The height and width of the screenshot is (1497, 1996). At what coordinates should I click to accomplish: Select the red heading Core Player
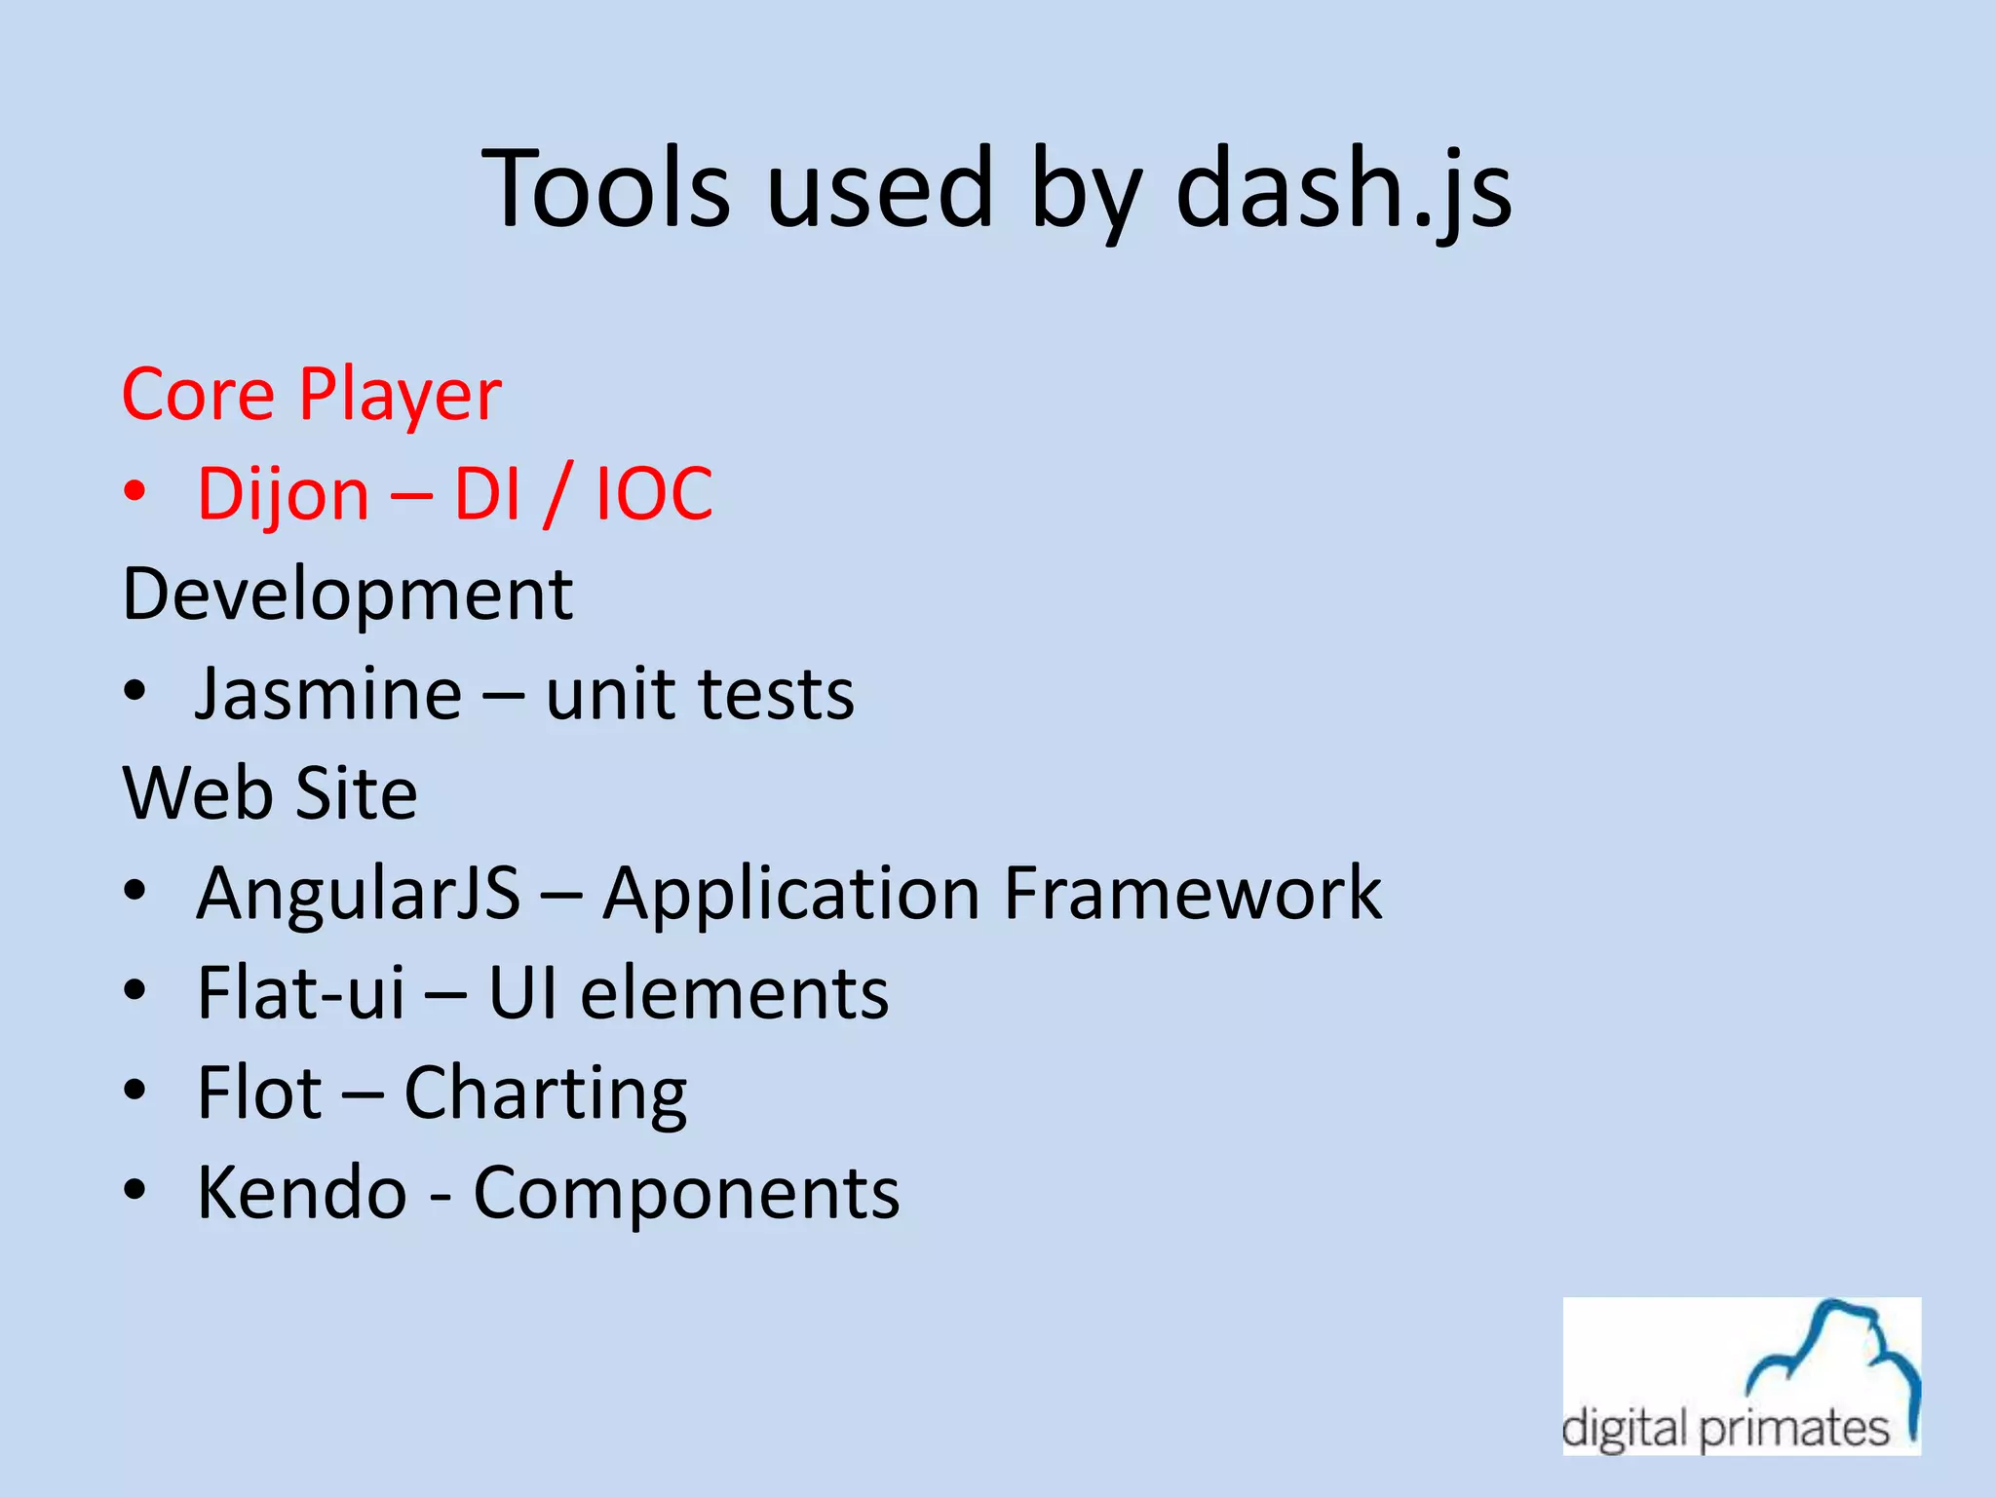click(x=311, y=395)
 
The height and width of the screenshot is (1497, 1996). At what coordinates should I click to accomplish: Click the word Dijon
click(x=283, y=495)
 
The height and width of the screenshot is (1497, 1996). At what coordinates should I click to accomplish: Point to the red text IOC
click(x=654, y=495)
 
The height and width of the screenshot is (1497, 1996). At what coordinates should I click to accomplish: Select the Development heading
click(x=347, y=595)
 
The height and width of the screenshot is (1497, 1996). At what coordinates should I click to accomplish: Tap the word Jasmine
click(x=328, y=694)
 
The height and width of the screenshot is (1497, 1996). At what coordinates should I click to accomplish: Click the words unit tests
click(x=699, y=694)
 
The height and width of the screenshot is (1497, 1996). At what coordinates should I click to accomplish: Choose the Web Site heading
click(x=270, y=793)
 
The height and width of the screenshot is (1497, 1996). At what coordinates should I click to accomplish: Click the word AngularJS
click(x=358, y=893)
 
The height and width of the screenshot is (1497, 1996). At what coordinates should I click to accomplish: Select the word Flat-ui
click(x=300, y=993)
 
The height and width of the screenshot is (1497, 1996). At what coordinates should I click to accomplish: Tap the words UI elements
click(x=688, y=993)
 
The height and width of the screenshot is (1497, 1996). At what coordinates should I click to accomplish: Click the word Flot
click(x=258, y=1093)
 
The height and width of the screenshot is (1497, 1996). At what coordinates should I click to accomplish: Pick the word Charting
click(x=545, y=1094)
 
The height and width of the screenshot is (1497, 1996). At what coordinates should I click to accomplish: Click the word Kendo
click(x=302, y=1192)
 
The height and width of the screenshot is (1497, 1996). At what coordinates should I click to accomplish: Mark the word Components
click(x=686, y=1194)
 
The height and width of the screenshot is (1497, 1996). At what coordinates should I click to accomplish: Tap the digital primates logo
click(x=1741, y=1375)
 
